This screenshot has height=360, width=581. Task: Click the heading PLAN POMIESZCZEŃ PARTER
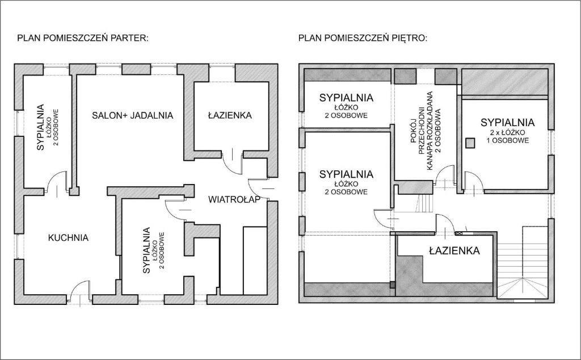coord(83,38)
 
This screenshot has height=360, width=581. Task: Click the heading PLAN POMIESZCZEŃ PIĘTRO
coord(363,38)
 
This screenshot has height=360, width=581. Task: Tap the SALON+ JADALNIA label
coord(133,115)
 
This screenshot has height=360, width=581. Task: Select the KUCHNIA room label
coord(68,238)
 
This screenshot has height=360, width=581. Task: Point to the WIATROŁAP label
coord(234,200)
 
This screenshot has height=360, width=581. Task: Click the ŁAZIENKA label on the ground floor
coord(230,115)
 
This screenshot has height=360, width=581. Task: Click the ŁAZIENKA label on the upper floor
coord(454,251)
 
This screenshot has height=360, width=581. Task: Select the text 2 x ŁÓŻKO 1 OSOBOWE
coord(507,137)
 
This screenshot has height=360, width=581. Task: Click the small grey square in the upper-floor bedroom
coord(470,143)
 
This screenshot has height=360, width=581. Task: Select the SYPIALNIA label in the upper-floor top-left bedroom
coord(346,98)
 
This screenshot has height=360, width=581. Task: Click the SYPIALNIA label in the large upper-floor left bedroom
coord(346,174)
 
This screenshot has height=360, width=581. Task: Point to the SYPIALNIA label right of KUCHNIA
coord(147,250)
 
